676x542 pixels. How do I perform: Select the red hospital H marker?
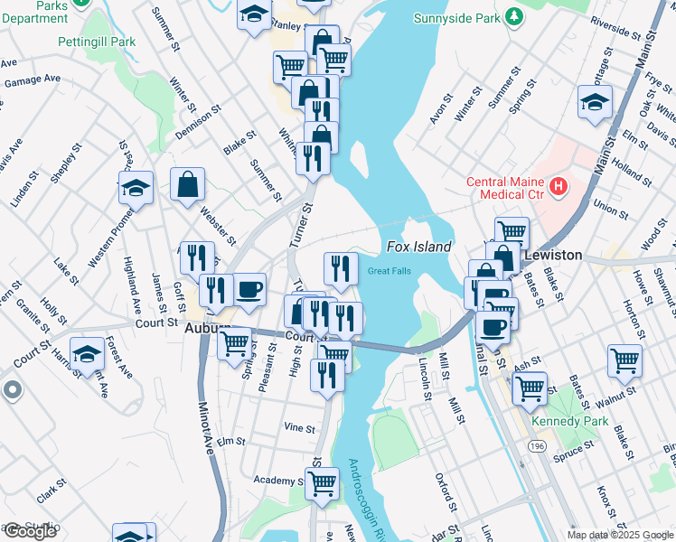click(x=559, y=187)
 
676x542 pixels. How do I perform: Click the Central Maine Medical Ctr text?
click(x=504, y=188)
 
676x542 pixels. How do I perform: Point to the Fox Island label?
click(x=418, y=247)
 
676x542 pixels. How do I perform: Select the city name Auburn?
click(x=206, y=330)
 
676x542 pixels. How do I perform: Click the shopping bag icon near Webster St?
click(x=187, y=185)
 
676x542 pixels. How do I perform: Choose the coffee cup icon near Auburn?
click(x=249, y=290)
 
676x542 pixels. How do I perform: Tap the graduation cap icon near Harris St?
click(x=88, y=353)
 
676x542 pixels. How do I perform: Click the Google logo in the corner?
click(x=30, y=531)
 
